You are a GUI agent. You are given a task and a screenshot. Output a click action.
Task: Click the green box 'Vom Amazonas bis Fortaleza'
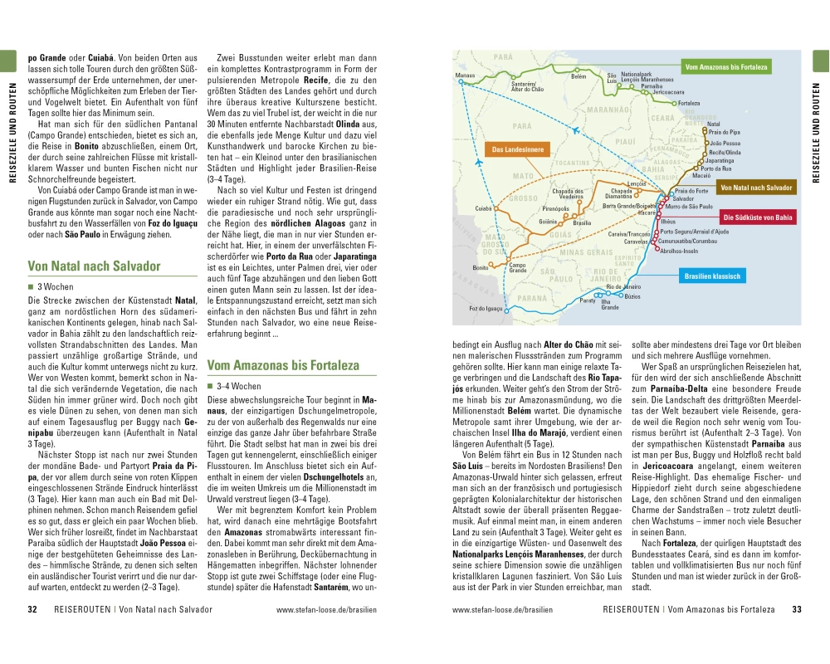726,66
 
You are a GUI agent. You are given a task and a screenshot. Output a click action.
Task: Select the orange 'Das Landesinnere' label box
517,150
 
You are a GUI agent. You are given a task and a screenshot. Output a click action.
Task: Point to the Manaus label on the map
466,75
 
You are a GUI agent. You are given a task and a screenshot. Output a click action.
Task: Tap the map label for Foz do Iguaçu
486,308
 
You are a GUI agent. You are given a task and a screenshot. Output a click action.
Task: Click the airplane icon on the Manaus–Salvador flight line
481,162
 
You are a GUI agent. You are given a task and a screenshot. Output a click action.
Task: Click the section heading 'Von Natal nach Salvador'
94,266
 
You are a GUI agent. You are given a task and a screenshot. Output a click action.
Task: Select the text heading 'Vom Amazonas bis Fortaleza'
282,364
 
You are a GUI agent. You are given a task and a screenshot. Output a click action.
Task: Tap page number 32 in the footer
33,609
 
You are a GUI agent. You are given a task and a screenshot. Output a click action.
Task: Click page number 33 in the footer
796,609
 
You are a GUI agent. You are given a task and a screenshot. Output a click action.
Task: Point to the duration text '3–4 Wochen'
238,386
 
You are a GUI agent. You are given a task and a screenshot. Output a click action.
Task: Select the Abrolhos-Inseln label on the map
680,250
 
